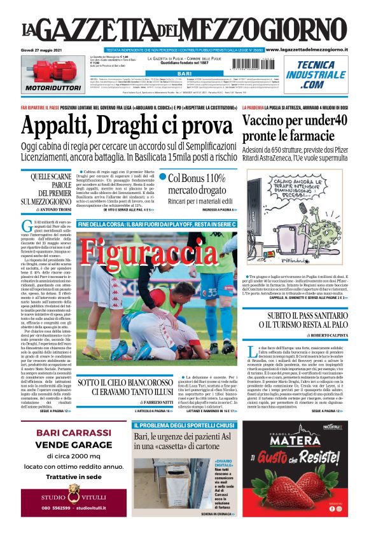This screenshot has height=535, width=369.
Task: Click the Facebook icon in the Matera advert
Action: click(x=331, y=508)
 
